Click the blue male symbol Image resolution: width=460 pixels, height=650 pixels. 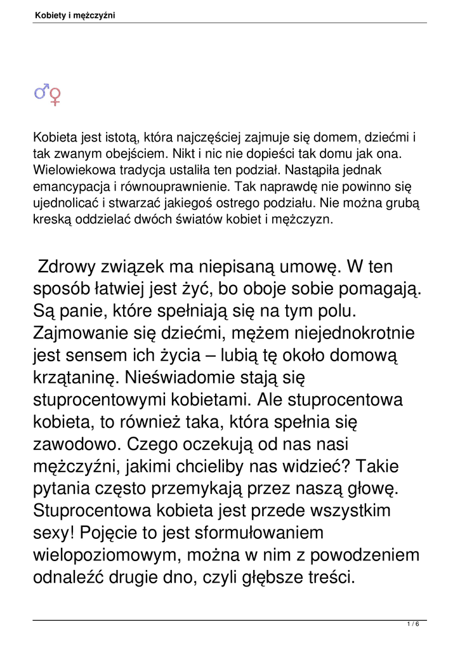41,92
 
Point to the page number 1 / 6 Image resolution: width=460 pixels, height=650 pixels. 413,625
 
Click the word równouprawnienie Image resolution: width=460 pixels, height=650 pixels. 164,187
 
